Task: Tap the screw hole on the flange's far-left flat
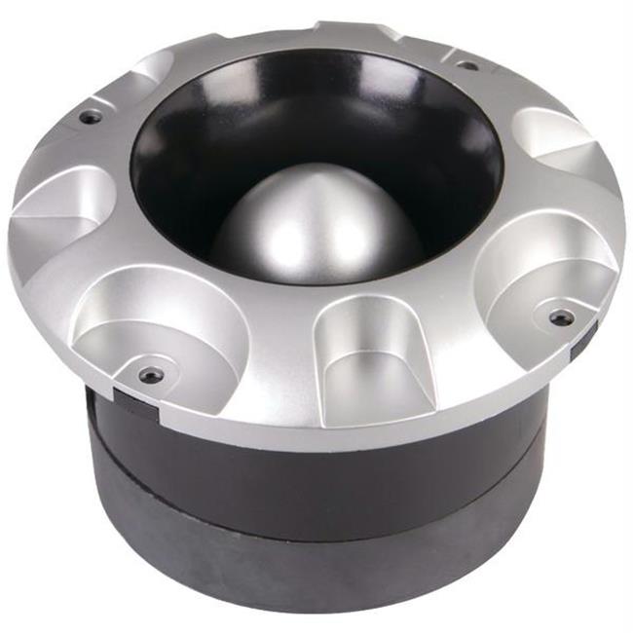tap(91, 117)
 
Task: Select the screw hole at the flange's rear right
tap(467, 66)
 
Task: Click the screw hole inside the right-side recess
tap(561, 316)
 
